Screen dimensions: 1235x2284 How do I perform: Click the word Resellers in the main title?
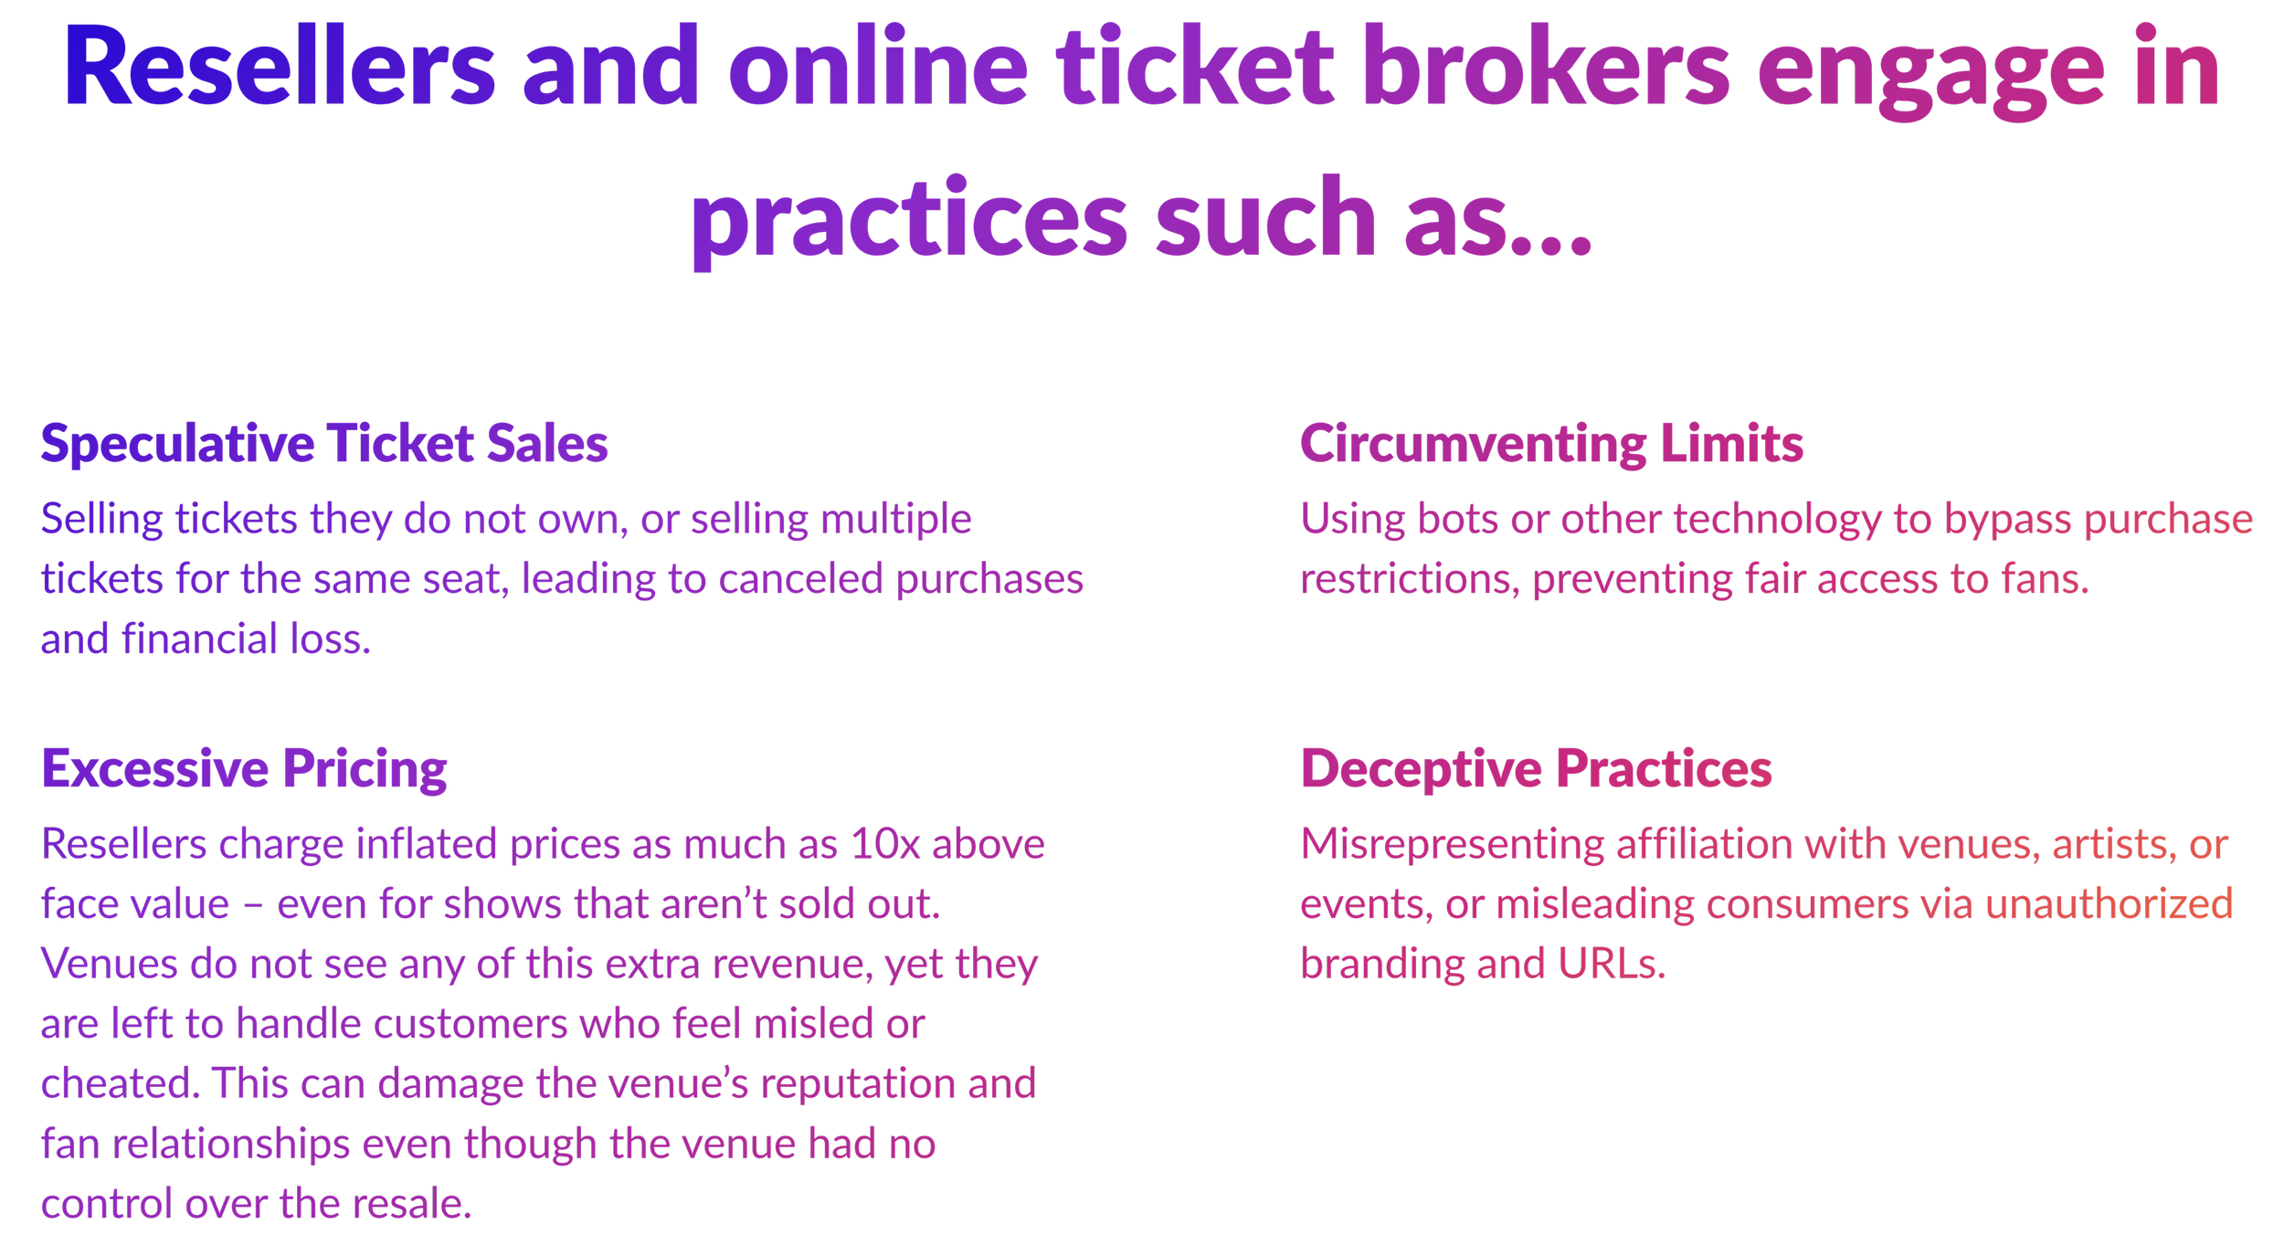tap(280, 69)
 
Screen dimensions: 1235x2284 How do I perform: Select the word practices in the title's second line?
tap(909, 219)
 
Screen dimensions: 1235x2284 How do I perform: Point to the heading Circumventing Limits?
tap(1551, 445)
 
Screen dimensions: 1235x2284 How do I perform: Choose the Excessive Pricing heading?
tap(244, 769)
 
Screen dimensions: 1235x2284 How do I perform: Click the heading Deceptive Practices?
tap(1536, 769)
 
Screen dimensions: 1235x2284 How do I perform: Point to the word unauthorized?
tap(2110, 904)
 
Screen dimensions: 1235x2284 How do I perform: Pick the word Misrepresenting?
tap(1452, 845)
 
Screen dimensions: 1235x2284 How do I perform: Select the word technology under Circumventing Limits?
tap(1777, 520)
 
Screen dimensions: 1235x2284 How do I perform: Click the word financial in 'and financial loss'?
tap(199, 639)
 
